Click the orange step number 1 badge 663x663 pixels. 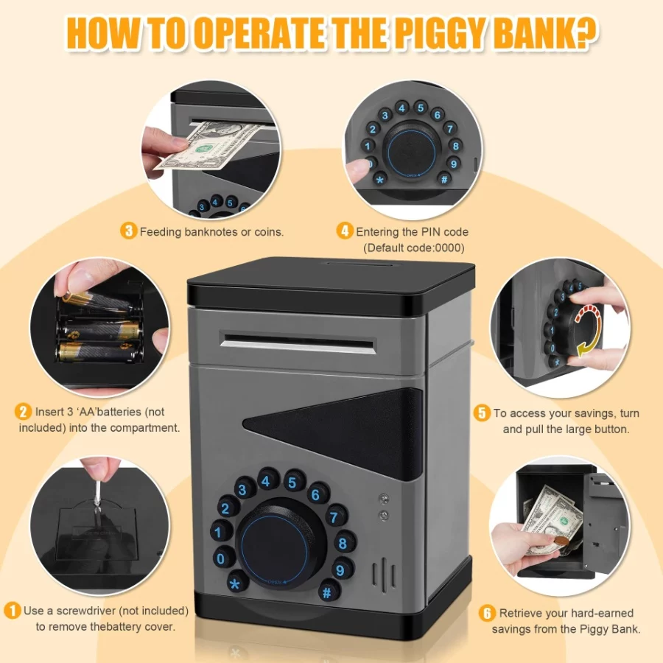point(13,611)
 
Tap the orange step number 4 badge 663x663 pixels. point(345,231)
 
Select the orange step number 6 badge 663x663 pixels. point(487,613)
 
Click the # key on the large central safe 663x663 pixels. point(328,592)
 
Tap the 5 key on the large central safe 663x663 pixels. point(292,482)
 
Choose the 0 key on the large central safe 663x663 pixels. point(221,558)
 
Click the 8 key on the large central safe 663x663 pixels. point(343,543)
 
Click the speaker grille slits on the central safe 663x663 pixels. point(384,574)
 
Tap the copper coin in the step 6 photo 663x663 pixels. point(562,541)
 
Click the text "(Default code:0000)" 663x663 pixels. point(414,248)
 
